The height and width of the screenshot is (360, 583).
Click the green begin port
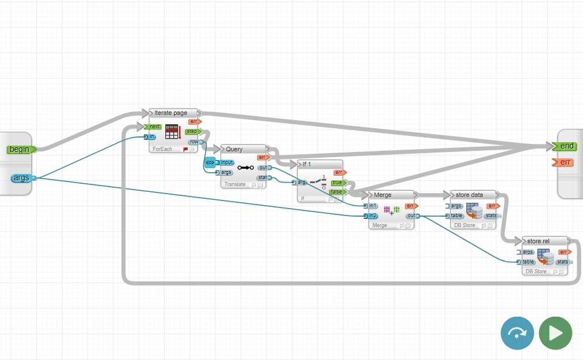20,150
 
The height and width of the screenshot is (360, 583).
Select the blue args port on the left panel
22,178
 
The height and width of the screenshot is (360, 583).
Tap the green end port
566,146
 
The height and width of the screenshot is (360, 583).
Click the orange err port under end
566,162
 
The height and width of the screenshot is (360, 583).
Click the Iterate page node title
170,113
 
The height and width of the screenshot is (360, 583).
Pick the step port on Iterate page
192,132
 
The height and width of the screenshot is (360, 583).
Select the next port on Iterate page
154,127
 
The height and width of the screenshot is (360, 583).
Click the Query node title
234,149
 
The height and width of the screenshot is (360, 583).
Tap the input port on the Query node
227,163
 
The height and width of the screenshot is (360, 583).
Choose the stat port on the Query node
262,177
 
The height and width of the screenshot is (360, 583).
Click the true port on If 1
336,183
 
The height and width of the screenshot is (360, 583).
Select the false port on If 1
336,192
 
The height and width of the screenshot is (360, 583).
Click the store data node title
469,195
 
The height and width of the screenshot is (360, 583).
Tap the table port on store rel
528,262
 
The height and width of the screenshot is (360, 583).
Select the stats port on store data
492,216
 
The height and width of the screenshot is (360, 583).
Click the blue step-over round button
517,333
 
